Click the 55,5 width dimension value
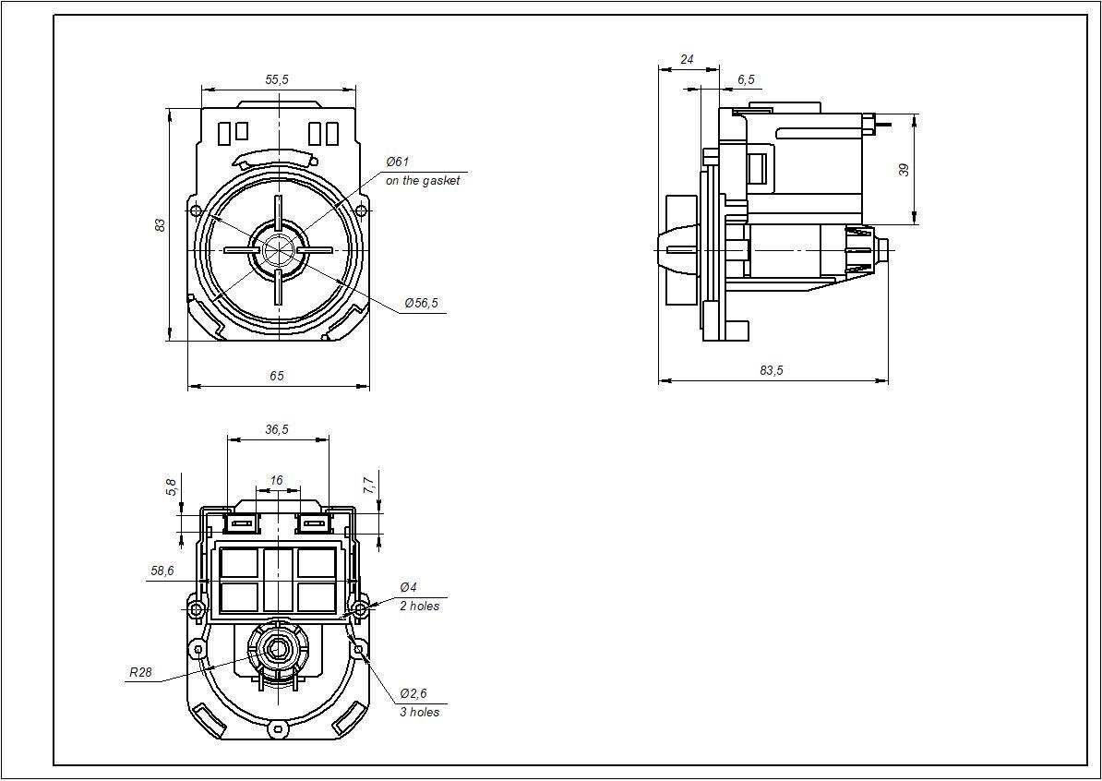coord(277,79)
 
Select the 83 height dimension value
coord(161,225)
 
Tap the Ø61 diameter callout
coord(398,162)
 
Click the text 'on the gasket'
coord(423,181)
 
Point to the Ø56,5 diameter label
coord(421,303)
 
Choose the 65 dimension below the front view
coord(277,376)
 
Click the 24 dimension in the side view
coord(688,60)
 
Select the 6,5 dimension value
coord(747,80)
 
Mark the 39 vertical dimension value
coord(904,170)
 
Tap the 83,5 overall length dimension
coord(771,370)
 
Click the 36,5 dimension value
coord(277,429)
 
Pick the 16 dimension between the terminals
coord(276,480)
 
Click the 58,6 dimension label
coord(162,571)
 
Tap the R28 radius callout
coord(140,672)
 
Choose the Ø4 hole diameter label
coord(408,587)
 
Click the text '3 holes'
coord(420,712)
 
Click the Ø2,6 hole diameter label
coord(414,694)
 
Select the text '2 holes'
coord(420,606)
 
